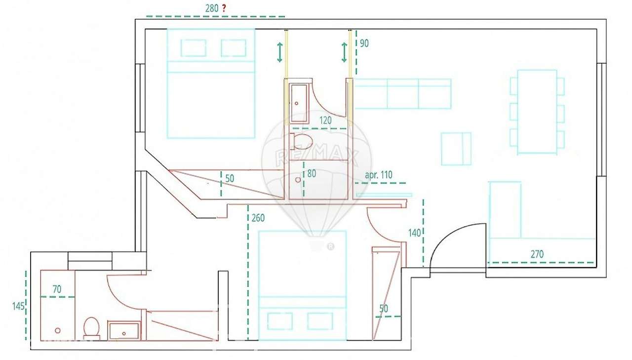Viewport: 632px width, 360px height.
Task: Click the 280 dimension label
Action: pyautogui.click(x=211, y=8)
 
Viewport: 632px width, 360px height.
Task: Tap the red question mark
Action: pyautogui.click(x=224, y=8)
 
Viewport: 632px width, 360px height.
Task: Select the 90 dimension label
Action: pyautogui.click(x=364, y=43)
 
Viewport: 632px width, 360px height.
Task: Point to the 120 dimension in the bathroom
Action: pyautogui.click(x=325, y=120)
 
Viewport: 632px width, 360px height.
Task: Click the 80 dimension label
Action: pyautogui.click(x=311, y=174)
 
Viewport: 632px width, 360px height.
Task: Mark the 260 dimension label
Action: pyautogui.click(x=258, y=218)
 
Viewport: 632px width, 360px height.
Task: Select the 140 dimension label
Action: pyautogui.click(x=414, y=233)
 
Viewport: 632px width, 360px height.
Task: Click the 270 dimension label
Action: pyautogui.click(x=537, y=254)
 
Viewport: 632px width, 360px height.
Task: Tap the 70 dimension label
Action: pyautogui.click(x=57, y=289)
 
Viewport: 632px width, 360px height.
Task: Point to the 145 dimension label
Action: pyautogui.click(x=18, y=306)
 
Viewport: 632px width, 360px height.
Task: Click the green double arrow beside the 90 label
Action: pyautogui.click(x=345, y=52)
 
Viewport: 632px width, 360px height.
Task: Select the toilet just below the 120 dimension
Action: pyautogui.click(x=301, y=141)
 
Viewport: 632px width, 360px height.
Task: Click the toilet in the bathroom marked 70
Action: pyautogui.click(x=92, y=327)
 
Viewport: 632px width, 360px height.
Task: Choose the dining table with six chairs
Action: pyautogui.click(x=537, y=112)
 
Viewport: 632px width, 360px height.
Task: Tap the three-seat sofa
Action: pyautogui.click(x=403, y=94)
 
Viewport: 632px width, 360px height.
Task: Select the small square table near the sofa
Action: pyautogui.click(x=456, y=149)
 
